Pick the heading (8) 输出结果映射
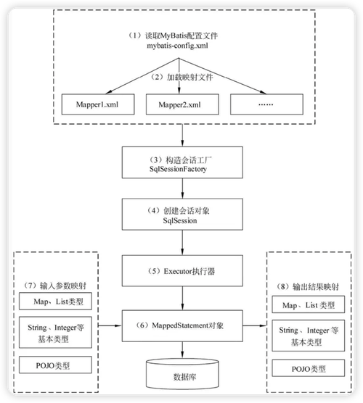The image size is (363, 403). (x=305, y=285)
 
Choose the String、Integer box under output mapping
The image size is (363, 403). (x=305, y=336)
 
